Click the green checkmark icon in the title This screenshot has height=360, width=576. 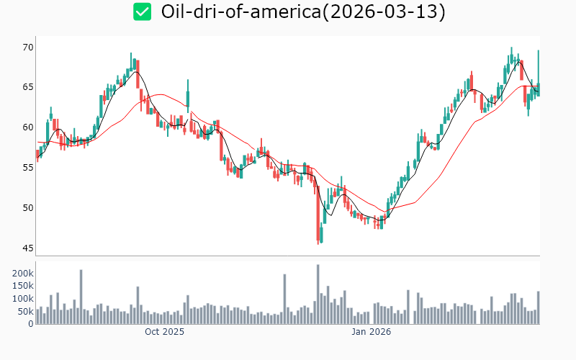click(142, 12)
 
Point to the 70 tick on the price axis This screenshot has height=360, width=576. click(28, 47)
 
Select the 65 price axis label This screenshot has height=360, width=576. click(28, 87)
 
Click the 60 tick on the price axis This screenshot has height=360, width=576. click(28, 127)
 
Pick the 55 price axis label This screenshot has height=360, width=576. click(28, 168)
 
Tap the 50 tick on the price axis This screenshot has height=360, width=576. click(28, 208)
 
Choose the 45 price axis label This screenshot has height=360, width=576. click(28, 248)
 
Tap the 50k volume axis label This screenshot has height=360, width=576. click(24, 312)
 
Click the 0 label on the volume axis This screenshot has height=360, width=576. click(31, 324)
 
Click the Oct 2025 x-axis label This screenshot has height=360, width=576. click(164, 332)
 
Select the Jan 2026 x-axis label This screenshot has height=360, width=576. click(371, 332)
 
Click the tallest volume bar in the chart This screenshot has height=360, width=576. click(318, 294)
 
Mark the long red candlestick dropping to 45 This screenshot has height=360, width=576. click(318, 216)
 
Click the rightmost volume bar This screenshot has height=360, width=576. click(539, 307)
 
